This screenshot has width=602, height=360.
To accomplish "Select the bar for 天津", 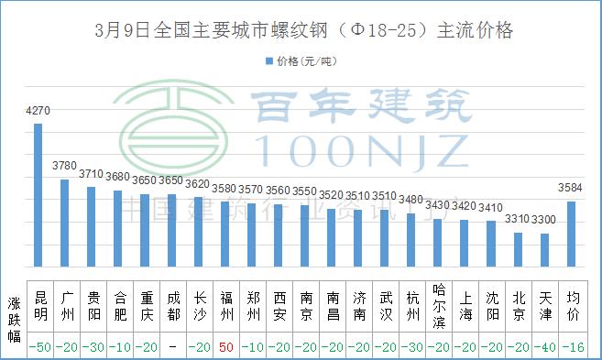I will (544, 250).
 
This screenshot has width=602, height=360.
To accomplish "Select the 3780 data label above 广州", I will (65, 167).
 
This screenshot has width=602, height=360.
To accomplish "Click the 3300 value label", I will (544, 221).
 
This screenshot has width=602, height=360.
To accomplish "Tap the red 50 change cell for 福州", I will (225, 346).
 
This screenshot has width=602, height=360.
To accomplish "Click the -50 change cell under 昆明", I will (40, 346).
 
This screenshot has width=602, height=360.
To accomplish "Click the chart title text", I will (302, 30).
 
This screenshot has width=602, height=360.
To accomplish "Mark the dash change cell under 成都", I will (172, 346).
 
